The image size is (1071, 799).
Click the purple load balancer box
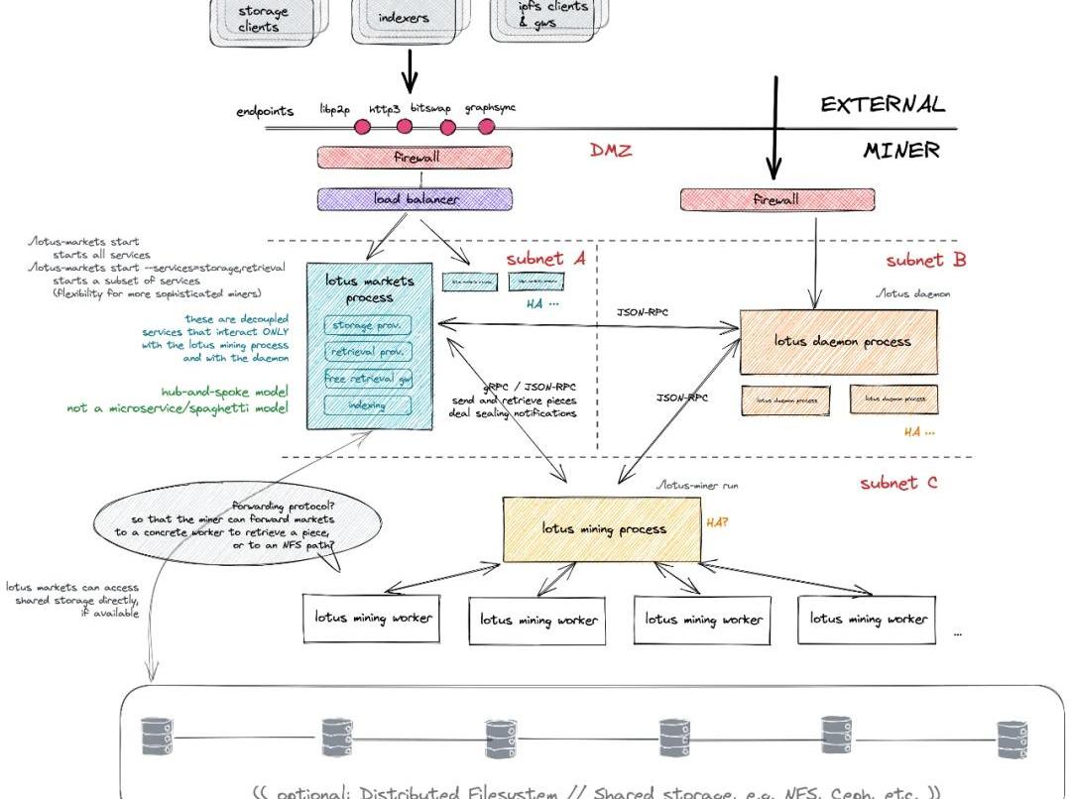coord(415,198)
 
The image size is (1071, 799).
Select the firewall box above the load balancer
coord(415,158)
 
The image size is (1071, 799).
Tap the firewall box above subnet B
coord(776,199)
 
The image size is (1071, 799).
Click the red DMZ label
coord(611,151)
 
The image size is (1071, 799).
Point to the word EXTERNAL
coord(882,105)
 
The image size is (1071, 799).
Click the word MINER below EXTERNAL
coord(900,151)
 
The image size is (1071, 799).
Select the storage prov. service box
coord(367,325)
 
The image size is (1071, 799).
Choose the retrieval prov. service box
coord(367,351)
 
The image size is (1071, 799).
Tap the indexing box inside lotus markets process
coord(367,404)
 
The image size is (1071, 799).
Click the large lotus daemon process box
coord(838,342)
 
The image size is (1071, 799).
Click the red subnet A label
coord(545,259)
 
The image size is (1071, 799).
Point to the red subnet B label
coord(925,261)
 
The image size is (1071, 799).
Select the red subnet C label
coord(897,484)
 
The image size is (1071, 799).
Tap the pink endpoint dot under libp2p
coord(362,127)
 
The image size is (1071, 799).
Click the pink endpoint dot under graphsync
coord(486,127)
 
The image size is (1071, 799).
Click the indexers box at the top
coord(405,18)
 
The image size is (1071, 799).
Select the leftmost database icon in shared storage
coord(152,737)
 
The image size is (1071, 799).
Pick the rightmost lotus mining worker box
coord(867,619)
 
